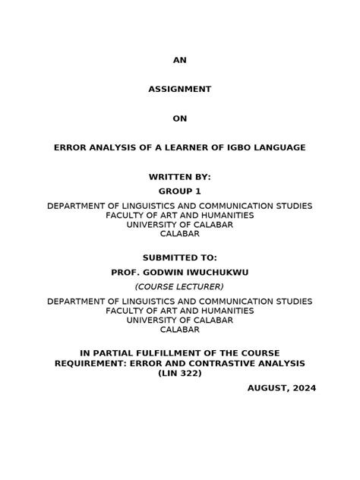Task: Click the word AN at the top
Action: [179, 60]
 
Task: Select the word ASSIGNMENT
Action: [179, 89]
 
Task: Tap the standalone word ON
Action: [179, 118]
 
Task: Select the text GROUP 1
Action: [179, 191]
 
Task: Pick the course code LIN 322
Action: [180, 373]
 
